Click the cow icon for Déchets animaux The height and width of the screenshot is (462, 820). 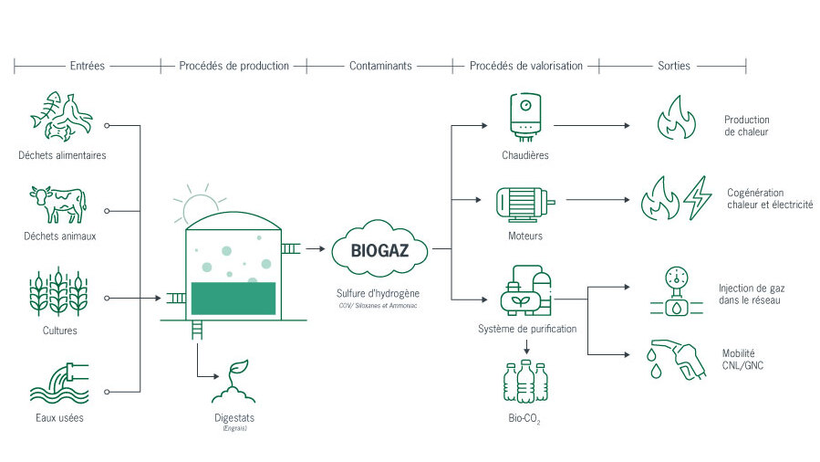58,205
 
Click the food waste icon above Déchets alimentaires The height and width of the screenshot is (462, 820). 60,117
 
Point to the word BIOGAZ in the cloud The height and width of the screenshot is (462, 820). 379,247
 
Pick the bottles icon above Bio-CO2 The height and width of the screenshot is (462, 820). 526,381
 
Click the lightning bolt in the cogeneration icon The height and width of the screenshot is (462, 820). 698,196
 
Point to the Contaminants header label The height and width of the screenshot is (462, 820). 380,66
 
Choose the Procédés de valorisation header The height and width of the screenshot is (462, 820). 525,66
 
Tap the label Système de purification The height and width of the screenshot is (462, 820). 526,329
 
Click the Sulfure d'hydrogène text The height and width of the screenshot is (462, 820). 379,295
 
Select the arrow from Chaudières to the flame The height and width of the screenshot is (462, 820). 593,124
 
